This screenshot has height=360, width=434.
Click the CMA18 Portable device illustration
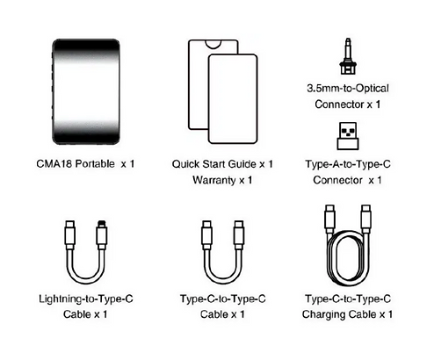(86, 91)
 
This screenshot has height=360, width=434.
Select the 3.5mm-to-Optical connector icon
(348, 56)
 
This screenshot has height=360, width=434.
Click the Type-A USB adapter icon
(348, 136)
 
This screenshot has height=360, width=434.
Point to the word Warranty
(214, 180)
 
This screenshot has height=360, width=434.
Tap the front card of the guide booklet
(233, 99)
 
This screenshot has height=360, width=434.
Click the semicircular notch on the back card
(213, 45)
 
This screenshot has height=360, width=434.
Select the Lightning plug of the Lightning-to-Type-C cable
(101, 234)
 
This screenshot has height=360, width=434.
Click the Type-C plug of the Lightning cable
(70, 234)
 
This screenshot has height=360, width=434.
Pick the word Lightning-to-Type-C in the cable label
(86, 299)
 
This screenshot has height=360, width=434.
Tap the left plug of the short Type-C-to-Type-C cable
(207, 234)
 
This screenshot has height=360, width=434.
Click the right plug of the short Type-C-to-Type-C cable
(239, 234)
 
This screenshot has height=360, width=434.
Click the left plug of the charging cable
(329, 219)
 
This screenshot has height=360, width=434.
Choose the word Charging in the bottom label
(324, 314)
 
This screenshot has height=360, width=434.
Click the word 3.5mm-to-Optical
(348, 89)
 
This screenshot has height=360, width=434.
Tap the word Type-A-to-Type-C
(348, 164)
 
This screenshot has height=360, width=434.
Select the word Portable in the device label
(95, 163)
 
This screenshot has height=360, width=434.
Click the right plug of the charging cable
(366, 219)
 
